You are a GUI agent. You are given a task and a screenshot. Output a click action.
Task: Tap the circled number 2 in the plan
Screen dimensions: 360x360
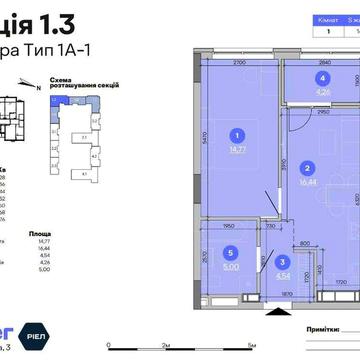coord(309,168)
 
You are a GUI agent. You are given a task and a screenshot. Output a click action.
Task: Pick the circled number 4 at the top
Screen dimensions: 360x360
coord(322,77)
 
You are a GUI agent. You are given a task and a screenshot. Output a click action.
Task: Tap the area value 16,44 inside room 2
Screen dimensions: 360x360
coord(309,184)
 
